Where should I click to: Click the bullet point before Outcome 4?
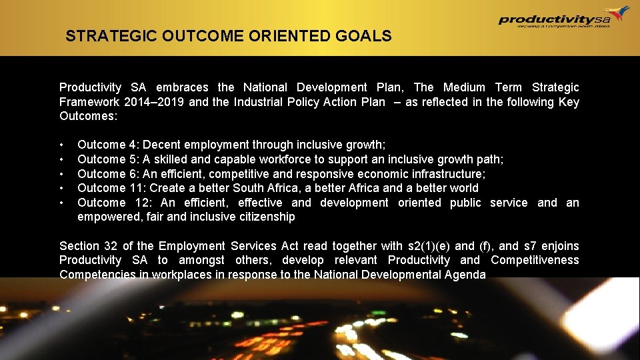coord(61,145)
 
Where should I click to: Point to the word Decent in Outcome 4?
coord(161,145)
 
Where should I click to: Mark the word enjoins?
coord(560,246)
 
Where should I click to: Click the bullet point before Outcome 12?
coord(61,203)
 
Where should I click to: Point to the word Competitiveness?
coord(535,260)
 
